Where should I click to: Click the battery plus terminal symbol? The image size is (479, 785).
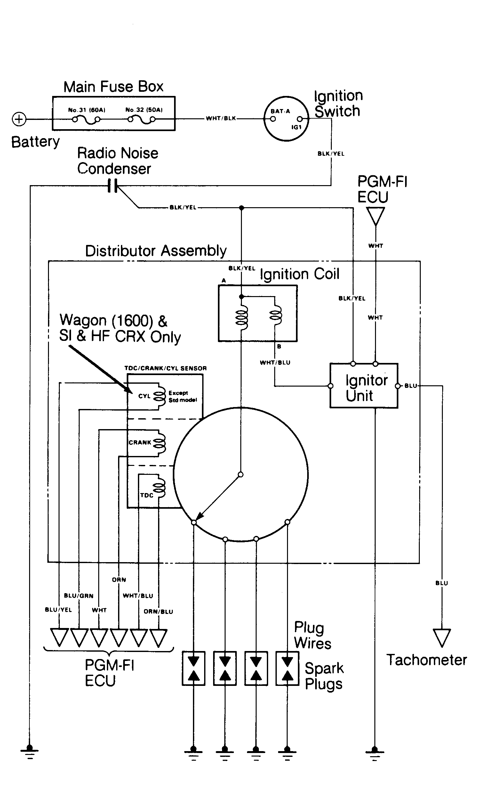(x=19, y=119)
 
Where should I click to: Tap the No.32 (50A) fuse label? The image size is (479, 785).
(x=144, y=110)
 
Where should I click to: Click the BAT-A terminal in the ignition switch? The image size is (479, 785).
(x=273, y=119)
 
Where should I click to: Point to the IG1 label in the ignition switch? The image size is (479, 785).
(x=296, y=127)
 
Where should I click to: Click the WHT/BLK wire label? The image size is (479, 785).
(x=221, y=119)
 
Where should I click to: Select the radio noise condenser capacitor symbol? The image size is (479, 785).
(x=113, y=186)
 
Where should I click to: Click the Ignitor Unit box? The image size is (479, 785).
(x=363, y=385)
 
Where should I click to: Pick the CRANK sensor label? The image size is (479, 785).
(x=140, y=443)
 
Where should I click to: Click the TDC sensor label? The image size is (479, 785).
(x=147, y=495)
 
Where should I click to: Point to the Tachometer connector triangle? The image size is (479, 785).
(x=442, y=638)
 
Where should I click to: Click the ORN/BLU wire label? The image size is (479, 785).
(x=158, y=612)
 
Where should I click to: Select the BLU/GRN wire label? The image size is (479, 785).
(x=79, y=596)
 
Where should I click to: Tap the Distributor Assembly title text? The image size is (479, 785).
(x=156, y=251)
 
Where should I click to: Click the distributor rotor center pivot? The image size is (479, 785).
(x=241, y=475)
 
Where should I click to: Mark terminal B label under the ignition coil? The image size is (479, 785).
(x=279, y=347)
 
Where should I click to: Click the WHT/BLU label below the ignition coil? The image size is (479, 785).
(x=275, y=363)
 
